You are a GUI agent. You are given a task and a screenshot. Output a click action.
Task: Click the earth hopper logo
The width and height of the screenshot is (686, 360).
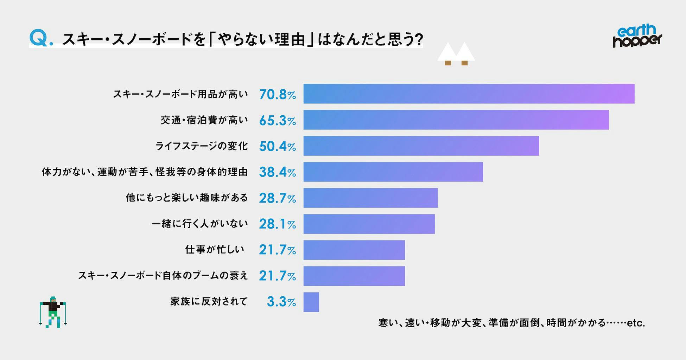(x=637, y=36)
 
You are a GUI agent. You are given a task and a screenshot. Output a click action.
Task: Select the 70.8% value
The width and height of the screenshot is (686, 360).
(x=277, y=95)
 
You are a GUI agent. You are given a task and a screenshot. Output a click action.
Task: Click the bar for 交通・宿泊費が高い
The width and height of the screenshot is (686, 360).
(x=456, y=120)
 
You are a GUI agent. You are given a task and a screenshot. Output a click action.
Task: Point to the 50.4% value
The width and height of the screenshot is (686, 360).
(x=277, y=146)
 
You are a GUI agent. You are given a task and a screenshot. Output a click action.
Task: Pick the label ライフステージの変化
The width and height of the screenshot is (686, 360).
(x=202, y=146)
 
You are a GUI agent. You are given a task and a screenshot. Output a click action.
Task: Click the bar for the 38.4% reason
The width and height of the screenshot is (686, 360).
(x=393, y=172)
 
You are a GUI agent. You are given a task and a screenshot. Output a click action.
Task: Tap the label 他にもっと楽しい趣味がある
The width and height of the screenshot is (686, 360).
(x=187, y=198)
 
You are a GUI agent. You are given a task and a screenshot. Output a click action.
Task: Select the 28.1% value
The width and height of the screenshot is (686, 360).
(x=277, y=224)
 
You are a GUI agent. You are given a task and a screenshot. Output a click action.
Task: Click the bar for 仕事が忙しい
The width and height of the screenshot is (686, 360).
(x=354, y=250)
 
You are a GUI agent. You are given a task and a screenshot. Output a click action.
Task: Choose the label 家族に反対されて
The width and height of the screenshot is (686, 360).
(x=209, y=302)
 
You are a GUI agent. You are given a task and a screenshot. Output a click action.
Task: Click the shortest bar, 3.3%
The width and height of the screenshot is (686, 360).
(x=311, y=302)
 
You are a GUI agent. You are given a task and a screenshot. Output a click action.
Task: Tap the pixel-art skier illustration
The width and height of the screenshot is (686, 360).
(x=53, y=312)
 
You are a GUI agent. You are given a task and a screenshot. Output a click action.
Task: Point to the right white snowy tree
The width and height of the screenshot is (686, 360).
(x=465, y=54)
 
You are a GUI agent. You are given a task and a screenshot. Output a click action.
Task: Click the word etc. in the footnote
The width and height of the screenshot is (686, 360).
(x=636, y=323)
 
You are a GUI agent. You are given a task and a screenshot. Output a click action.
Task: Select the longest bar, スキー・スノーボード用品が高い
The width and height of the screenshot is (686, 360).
(x=469, y=94)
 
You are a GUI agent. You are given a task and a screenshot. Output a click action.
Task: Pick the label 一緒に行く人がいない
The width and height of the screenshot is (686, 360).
(x=199, y=224)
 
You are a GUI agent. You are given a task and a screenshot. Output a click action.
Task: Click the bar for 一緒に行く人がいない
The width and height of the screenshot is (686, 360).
(x=369, y=224)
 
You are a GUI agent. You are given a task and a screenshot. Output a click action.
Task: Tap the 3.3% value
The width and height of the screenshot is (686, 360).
(x=281, y=302)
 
